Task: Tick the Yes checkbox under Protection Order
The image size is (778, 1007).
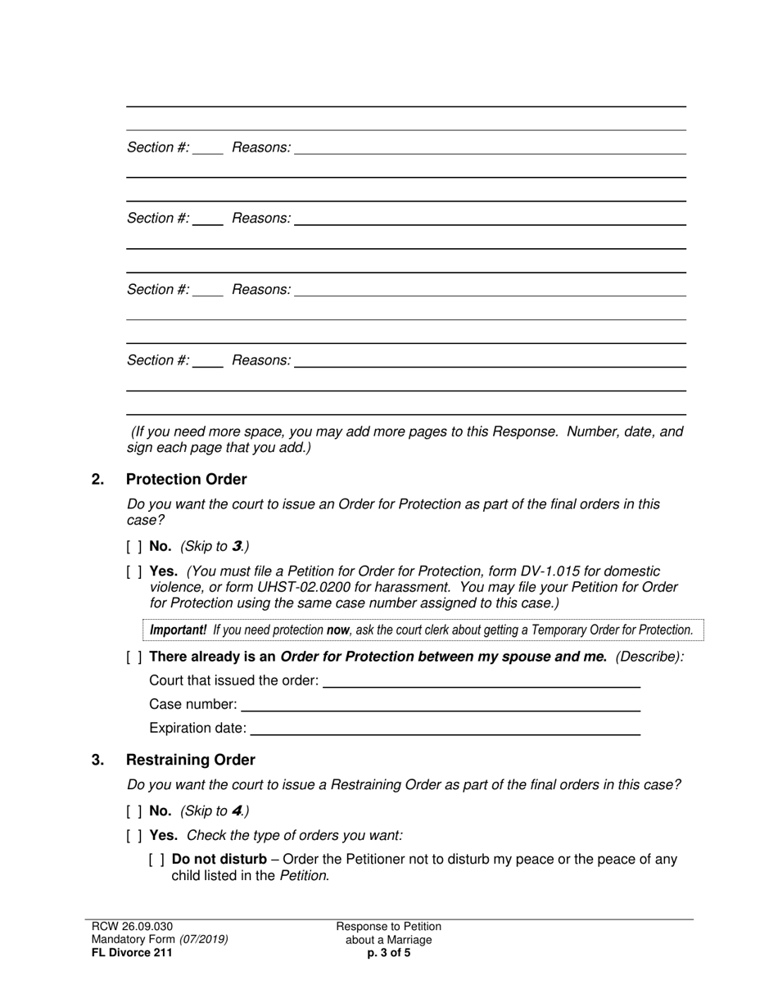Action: (x=134, y=571)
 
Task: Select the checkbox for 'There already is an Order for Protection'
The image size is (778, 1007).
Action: (x=134, y=657)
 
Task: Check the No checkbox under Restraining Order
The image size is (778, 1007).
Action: (x=134, y=811)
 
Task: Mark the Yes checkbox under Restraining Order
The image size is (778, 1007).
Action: (x=134, y=836)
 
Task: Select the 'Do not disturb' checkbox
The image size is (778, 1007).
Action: (x=157, y=860)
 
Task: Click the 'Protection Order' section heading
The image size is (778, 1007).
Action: (x=186, y=480)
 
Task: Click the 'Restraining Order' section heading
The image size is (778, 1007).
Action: (x=190, y=761)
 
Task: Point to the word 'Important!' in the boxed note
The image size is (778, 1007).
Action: (x=178, y=630)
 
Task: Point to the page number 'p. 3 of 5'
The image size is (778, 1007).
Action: (x=389, y=953)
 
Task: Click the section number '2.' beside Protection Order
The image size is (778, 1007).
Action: (x=98, y=480)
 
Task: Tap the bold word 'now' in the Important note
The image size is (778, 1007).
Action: (x=337, y=630)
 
